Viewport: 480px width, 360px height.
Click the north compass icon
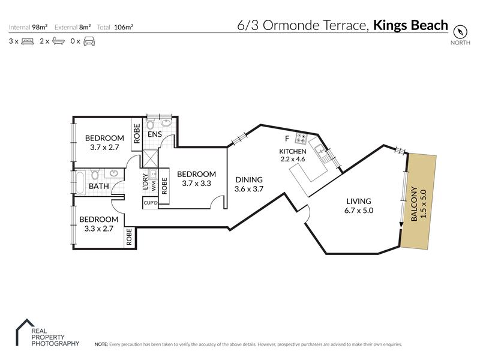[460, 32]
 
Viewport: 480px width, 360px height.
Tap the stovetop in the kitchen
[301, 139]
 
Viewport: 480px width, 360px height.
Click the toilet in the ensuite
[150, 124]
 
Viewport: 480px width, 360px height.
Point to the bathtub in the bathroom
[80, 183]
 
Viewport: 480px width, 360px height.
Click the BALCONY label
[414, 203]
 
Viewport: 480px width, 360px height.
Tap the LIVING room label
[359, 201]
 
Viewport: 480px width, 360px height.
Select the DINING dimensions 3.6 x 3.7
[249, 189]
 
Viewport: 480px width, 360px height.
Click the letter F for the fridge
[287, 139]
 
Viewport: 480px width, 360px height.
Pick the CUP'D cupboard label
[151, 203]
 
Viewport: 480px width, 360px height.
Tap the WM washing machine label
[154, 186]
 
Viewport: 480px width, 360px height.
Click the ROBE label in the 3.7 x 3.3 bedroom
[164, 186]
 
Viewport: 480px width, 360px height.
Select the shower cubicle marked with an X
[151, 158]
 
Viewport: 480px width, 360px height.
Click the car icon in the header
[89, 41]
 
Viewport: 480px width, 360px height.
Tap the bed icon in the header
[28, 41]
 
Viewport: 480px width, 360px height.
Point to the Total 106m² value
[124, 27]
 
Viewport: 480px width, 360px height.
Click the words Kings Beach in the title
[410, 25]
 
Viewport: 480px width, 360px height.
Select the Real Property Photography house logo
[26, 332]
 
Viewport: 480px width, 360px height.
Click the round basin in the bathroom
[114, 173]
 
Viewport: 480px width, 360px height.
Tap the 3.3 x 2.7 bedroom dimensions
[99, 229]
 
